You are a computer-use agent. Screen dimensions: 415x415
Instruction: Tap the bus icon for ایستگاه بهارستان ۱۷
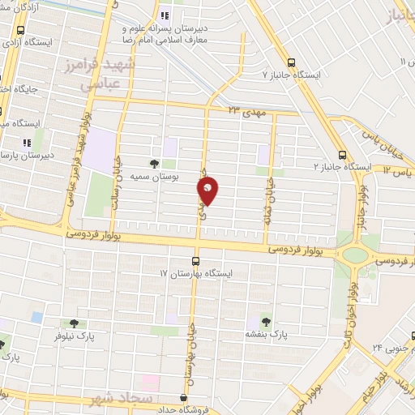coord(195,261)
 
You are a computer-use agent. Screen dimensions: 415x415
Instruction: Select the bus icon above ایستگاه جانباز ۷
coord(292,62)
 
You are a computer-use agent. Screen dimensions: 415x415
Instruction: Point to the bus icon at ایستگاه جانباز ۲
coord(342,154)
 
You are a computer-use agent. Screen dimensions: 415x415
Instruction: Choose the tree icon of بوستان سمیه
coord(153,162)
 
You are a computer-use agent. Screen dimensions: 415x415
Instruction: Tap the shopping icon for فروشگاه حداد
coord(184,398)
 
